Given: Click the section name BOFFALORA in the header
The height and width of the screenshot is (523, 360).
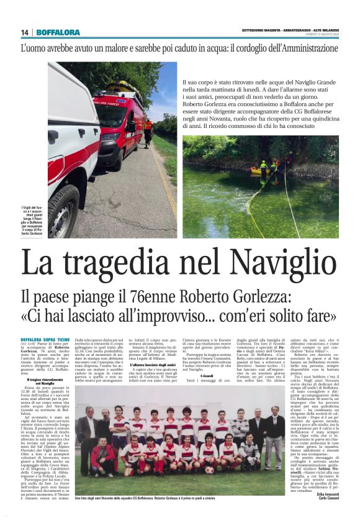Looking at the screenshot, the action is pos(58,32).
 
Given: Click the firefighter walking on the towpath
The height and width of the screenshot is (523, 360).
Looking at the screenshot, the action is pos(148,131).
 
